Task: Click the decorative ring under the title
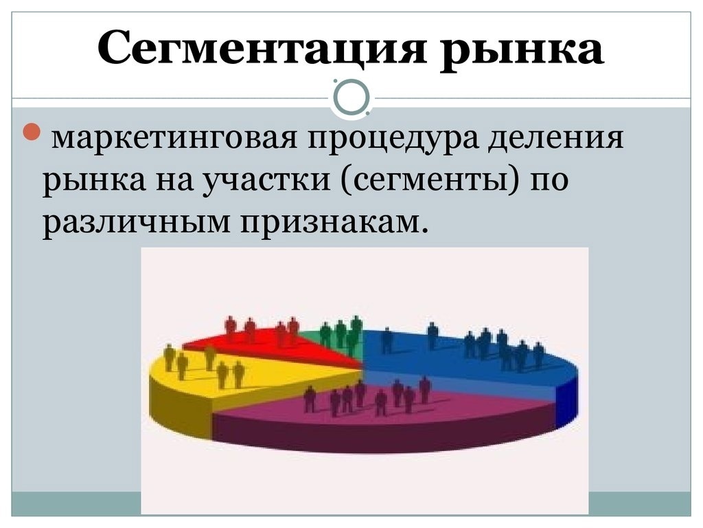coord(351,97)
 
